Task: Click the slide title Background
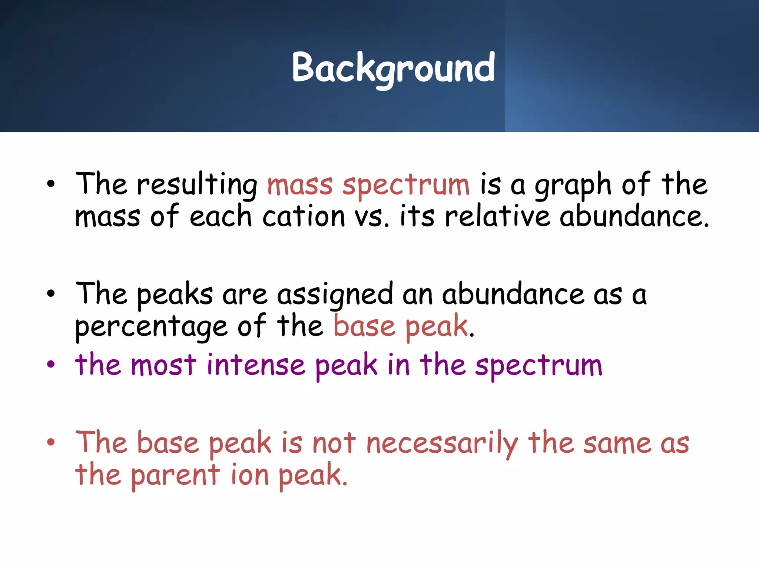pyautogui.click(x=393, y=68)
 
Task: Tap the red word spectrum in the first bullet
pyautogui.click(x=406, y=185)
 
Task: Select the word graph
pyautogui.click(x=573, y=185)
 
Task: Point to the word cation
pyautogui.click(x=304, y=217)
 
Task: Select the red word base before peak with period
pyautogui.click(x=364, y=326)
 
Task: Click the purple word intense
pyautogui.click(x=256, y=365)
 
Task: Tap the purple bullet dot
pyautogui.click(x=51, y=364)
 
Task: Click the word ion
pyautogui.click(x=249, y=475)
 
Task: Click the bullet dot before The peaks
pyautogui.click(x=51, y=294)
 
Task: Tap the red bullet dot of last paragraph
pyautogui.click(x=51, y=442)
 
